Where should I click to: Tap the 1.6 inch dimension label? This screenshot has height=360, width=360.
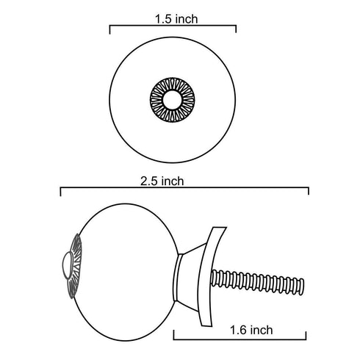tap(251, 331)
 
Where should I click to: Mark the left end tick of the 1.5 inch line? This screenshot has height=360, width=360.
tap(110, 29)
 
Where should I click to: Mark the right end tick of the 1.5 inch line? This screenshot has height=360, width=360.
tap(235, 29)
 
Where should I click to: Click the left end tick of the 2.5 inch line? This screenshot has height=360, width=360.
tap(60, 192)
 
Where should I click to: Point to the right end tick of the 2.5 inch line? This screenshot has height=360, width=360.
tap(309, 192)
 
